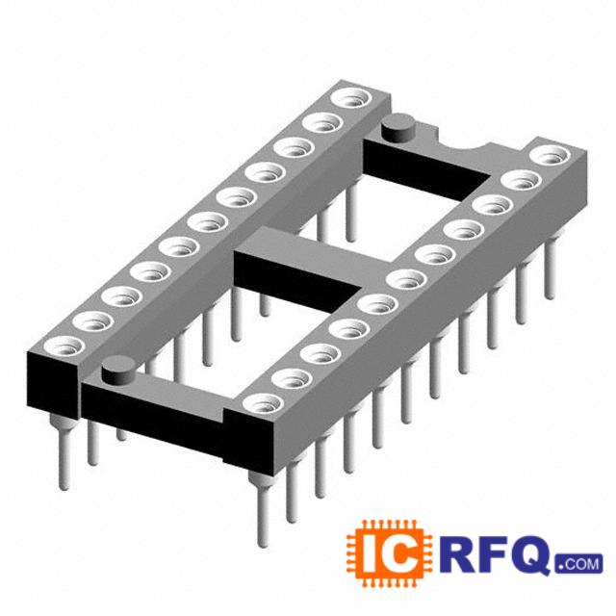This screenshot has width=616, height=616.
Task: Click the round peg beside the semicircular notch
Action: (398, 128)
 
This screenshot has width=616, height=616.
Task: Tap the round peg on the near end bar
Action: (118, 371)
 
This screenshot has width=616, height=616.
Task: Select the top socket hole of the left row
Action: (351, 97)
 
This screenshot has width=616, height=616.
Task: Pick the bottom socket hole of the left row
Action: (64, 346)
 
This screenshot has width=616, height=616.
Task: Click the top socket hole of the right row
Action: (550, 155)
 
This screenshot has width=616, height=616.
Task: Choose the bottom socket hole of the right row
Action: (263, 403)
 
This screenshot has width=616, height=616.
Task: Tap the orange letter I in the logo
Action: (369, 554)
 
